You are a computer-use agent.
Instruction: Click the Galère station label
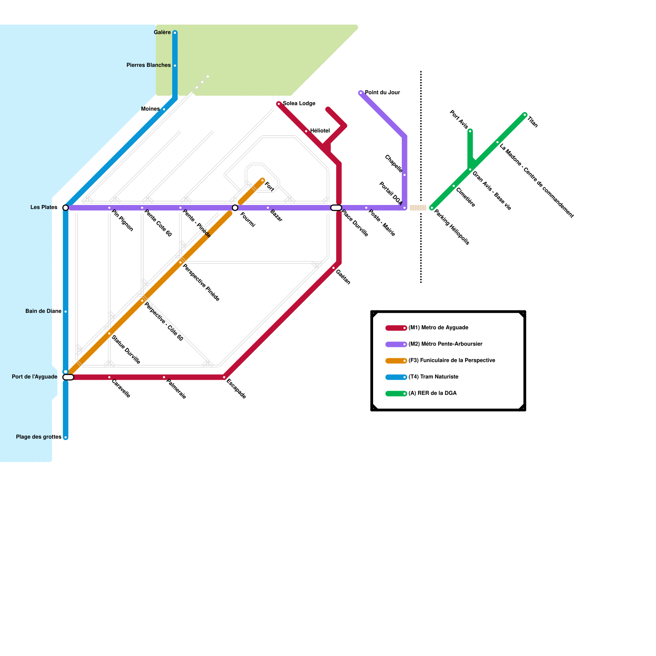(162, 32)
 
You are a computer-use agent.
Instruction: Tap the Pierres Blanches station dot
(175, 66)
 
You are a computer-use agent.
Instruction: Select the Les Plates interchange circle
(66, 208)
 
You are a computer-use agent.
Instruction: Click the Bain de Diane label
(43, 311)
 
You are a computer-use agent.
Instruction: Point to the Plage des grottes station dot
(66, 437)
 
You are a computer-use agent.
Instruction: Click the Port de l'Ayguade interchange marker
(68, 377)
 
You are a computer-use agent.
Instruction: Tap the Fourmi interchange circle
(235, 208)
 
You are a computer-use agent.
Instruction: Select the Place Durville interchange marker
(336, 208)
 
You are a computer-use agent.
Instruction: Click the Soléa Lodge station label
(299, 103)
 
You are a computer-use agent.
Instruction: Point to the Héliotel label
(320, 131)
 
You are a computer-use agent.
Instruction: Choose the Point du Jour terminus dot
(361, 93)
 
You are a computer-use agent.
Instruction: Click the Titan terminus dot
(525, 115)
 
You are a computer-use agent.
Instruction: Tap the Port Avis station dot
(470, 131)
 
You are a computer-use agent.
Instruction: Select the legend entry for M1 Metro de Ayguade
(438, 328)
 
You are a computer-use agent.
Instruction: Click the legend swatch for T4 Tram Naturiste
(396, 377)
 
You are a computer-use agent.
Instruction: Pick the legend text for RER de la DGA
(432, 393)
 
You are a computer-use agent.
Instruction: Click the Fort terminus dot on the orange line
(262, 180)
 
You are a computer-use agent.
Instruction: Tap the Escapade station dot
(224, 377)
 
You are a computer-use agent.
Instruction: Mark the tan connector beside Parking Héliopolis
(418, 208)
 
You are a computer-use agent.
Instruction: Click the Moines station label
(150, 109)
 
